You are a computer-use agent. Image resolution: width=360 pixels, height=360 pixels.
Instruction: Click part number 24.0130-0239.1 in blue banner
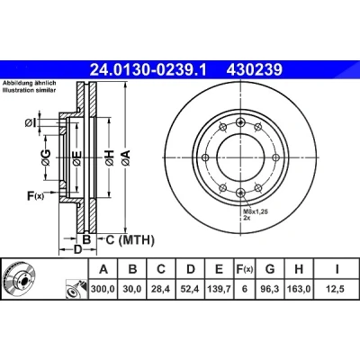[148, 70]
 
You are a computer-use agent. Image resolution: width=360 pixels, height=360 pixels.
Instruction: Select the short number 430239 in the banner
[255, 70]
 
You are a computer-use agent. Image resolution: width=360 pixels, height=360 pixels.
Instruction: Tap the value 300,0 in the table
[103, 289]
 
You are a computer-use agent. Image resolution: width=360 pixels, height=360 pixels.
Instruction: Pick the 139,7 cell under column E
[219, 289]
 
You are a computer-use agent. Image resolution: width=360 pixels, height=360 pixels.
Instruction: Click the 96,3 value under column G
[270, 289]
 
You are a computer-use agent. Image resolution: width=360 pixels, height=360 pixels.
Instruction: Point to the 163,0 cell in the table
[299, 289]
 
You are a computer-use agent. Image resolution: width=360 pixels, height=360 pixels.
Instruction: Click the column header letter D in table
[191, 269]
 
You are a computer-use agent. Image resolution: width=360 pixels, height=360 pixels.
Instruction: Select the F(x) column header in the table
[245, 269]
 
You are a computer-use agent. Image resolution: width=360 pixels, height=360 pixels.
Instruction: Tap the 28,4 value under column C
[161, 289]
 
